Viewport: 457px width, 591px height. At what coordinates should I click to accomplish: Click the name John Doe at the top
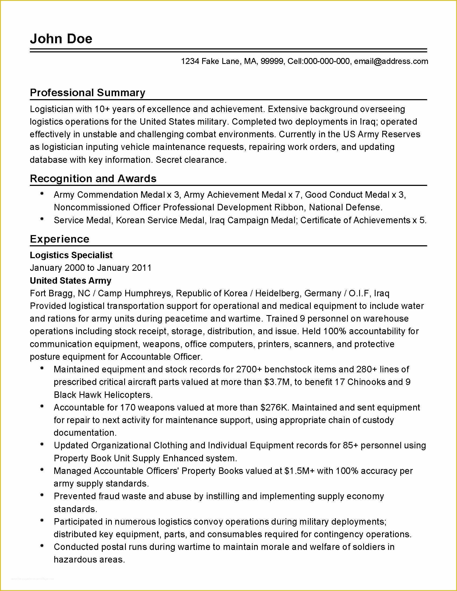coord(61,39)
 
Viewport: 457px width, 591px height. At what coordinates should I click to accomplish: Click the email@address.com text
coord(391,62)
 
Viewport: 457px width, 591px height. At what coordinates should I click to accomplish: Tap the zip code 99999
coord(272,62)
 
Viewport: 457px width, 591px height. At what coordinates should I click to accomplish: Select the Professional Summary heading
coord(87,93)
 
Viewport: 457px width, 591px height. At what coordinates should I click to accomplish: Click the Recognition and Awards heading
coord(93,179)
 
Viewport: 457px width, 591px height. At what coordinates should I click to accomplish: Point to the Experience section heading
coord(60,239)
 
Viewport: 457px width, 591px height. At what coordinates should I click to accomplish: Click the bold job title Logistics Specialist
coord(71,255)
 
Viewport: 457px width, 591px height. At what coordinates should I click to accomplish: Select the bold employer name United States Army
coord(70,281)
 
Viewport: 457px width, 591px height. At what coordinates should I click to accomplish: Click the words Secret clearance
coord(191,160)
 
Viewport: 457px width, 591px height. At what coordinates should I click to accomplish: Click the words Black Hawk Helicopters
coord(103,395)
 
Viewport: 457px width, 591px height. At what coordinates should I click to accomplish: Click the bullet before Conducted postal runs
coord(42,546)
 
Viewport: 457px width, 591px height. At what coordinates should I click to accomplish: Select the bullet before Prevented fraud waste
coord(42,495)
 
